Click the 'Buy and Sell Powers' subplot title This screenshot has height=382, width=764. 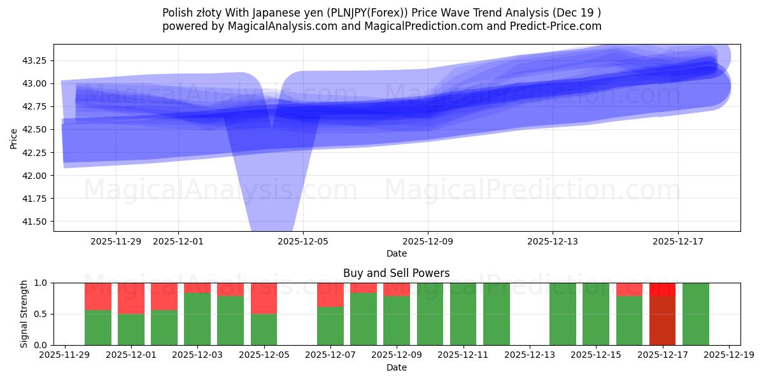pyautogui.click(x=396, y=273)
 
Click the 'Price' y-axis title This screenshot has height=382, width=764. pyautogui.click(x=13, y=138)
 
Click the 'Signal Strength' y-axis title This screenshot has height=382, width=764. pyautogui.click(x=24, y=314)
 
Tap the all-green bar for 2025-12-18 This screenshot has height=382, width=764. pyautogui.click(x=695, y=314)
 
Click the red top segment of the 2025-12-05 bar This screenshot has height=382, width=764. pyautogui.click(x=264, y=298)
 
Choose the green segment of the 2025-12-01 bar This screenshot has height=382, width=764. pyautogui.click(x=131, y=329)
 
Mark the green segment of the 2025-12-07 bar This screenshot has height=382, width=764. pyautogui.click(x=330, y=326)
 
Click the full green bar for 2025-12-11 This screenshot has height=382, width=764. pyautogui.click(x=463, y=314)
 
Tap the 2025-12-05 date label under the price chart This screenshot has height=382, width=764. pyautogui.click(x=303, y=241)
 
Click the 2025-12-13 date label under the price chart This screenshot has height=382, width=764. pyautogui.click(x=552, y=241)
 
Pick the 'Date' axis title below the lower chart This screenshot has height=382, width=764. pyautogui.click(x=396, y=367)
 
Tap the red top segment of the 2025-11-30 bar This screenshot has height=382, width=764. pyautogui.click(x=97, y=296)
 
